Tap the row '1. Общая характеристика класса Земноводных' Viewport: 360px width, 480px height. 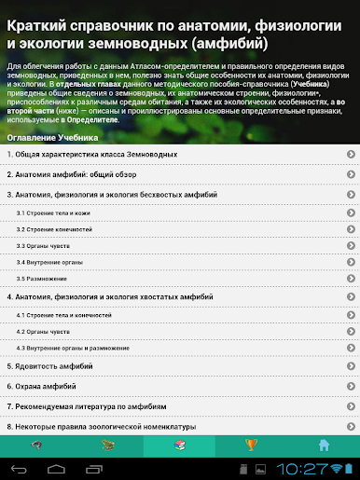pos(177,153)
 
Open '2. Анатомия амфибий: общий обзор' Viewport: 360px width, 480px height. pos(177,174)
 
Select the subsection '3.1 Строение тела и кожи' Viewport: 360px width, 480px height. pos(177,214)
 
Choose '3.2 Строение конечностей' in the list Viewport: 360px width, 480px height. pos(177,230)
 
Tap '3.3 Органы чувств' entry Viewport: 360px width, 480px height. pos(177,246)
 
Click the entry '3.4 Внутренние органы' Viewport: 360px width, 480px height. pos(177,262)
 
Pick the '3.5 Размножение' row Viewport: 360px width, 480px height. pos(177,279)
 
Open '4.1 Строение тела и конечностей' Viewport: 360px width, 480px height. pos(177,316)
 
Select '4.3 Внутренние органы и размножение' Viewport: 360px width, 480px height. pos(177,348)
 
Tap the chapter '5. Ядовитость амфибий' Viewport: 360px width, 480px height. pos(177,366)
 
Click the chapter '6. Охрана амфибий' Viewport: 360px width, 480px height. pos(177,387)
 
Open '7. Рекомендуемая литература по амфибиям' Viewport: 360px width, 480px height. pos(177,407)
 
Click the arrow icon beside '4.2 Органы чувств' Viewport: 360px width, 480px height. pos(350,332)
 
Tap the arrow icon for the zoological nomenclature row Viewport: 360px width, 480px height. pos(350,428)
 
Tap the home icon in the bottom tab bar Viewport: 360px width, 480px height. pos(324,445)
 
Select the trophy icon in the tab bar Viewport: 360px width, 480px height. pos(251,445)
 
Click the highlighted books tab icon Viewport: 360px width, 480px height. pos(180,445)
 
